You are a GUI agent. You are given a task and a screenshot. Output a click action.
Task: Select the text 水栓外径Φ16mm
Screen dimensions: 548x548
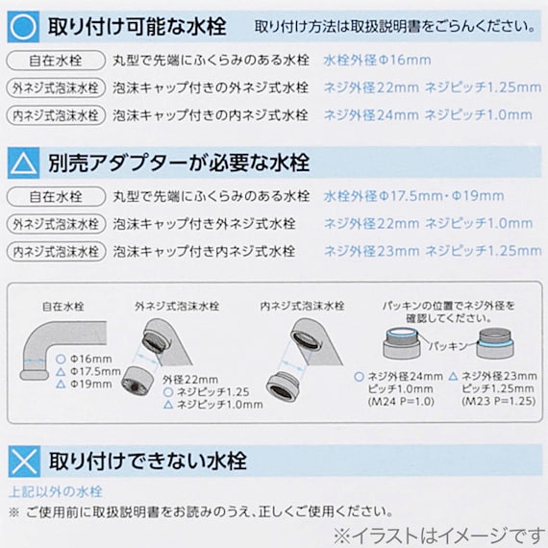pos(378,60)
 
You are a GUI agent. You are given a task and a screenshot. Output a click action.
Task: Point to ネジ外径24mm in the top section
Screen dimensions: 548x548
pos(369,115)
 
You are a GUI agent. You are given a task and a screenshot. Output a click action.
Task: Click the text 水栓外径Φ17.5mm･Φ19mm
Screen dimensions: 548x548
pos(413,196)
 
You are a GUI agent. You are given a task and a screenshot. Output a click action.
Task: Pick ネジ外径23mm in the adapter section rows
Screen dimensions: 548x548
pos(369,252)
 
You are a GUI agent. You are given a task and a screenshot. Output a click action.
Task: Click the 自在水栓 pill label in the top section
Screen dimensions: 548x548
pos(53,60)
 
